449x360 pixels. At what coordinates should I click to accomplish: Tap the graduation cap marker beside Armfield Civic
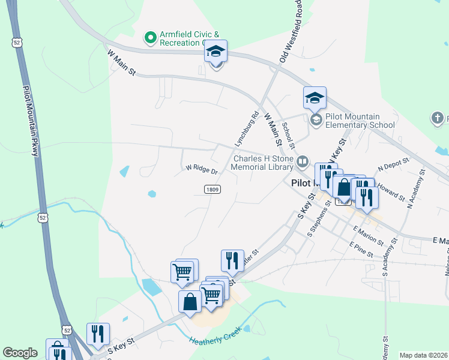pos(215,52)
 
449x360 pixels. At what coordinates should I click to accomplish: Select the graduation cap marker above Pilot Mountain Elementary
pos(315,98)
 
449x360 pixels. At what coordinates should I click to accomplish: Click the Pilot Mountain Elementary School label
pos(360,121)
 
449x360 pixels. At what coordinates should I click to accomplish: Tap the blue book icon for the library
pos(303,161)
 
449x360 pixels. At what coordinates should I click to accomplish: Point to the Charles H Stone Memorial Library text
pos(263,163)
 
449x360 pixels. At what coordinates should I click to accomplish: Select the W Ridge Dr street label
pos(201,169)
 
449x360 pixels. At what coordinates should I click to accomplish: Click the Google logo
pos(20,353)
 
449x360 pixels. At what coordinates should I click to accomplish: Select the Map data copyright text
pos(424,355)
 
